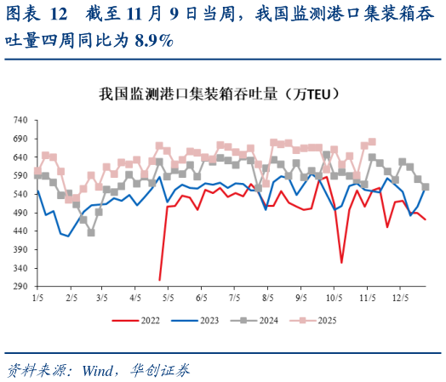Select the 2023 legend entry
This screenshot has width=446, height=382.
pos(202,320)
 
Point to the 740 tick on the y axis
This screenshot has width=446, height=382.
pos(22,119)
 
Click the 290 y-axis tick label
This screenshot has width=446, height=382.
pos(22,287)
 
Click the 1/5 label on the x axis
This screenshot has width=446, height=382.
pos(37,299)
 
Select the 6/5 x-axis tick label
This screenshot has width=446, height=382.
pos(202,299)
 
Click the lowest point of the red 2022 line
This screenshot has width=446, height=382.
pos(160,279)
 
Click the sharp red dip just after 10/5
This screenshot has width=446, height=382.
pos(342,262)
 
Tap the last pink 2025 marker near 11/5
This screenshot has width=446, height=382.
pos(372,142)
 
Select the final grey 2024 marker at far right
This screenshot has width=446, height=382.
pos(426,187)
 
